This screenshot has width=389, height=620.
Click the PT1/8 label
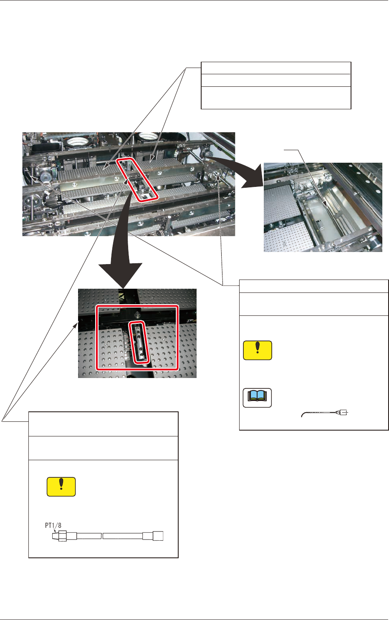tap(53, 526)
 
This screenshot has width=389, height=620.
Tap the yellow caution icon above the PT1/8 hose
tap(61, 486)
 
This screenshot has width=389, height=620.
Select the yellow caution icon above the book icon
tap(258, 350)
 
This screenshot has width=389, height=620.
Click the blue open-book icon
tap(257, 398)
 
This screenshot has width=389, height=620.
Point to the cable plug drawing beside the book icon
tap(341, 413)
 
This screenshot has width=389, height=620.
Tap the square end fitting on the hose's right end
tap(158, 536)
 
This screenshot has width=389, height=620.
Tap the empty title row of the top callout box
tap(276, 68)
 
